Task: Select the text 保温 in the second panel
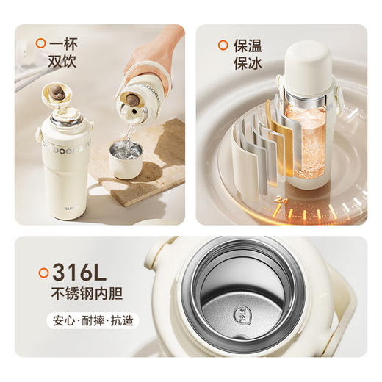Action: pyautogui.click(x=248, y=46)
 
